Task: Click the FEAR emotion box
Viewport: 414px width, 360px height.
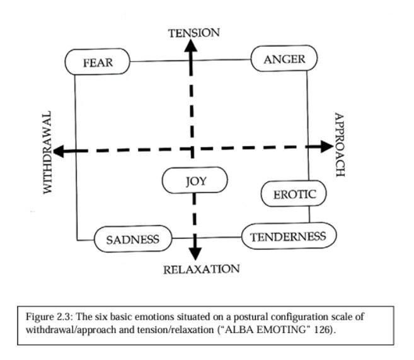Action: pyautogui.click(x=97, y=62)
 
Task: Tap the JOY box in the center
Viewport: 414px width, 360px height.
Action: pyautogui.click(x=195, y=181)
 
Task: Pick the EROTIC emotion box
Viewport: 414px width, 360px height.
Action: pyautogui.click(x=294, y=194)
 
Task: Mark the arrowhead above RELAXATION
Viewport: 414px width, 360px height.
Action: pyautogui.click(x=195, y=253)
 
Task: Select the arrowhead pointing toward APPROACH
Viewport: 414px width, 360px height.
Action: pyautogui.click(x=326, y=146)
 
